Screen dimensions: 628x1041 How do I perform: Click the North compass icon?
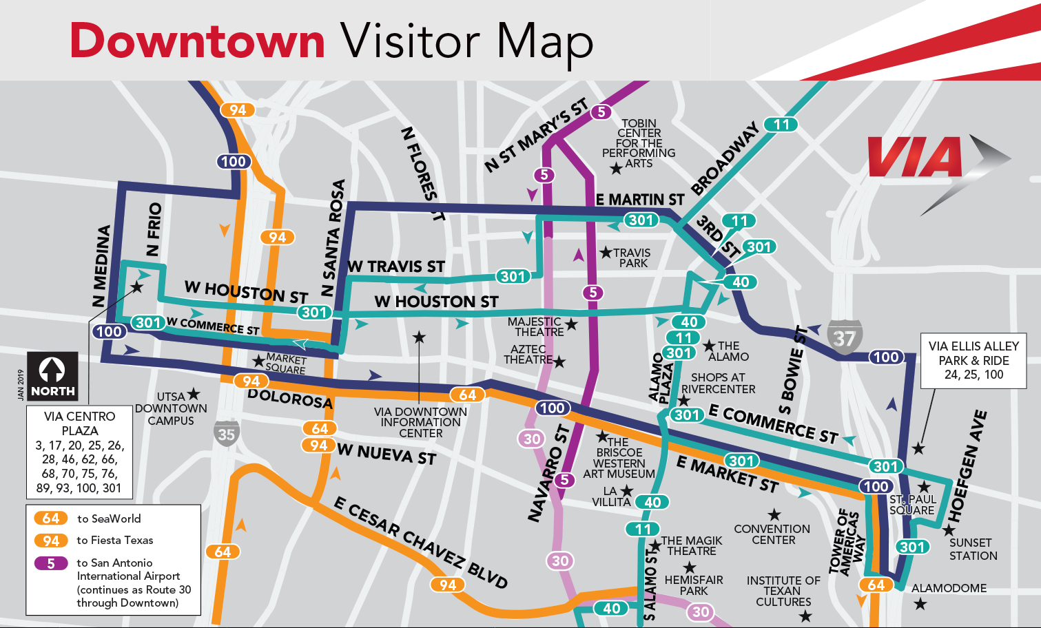click(x=52, y=377)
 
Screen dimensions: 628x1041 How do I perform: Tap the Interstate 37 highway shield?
click(x=844, y=338)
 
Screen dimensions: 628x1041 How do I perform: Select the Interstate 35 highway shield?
click(x=226, y=433)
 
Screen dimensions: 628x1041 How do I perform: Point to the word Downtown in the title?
click(x=198, y=41)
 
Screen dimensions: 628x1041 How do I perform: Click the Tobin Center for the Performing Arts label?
click(x=639, y=143)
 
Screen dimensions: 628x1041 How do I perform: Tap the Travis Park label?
click(x=632, y=258)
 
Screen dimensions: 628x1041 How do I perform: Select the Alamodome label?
click(x=949, y=588)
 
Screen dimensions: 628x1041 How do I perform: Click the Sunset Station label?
click(x=973, y=549)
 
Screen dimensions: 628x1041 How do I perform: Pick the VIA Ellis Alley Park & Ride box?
click(x=973, y=361)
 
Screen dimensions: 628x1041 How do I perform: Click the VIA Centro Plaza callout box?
click(x=79, y=452)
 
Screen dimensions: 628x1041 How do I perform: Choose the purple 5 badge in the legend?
click(x=51, y=563)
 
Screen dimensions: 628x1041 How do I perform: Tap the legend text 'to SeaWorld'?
click(x=109, y=519)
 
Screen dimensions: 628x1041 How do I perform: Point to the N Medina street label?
click(x=101, y=266)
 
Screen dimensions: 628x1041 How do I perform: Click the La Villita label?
click(x=610, y=496)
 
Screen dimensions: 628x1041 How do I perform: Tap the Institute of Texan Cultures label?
click(x=783, y=591)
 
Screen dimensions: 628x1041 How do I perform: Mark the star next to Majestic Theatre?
click(x=571, y=324)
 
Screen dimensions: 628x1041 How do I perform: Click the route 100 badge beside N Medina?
click(x=109, y=332)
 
